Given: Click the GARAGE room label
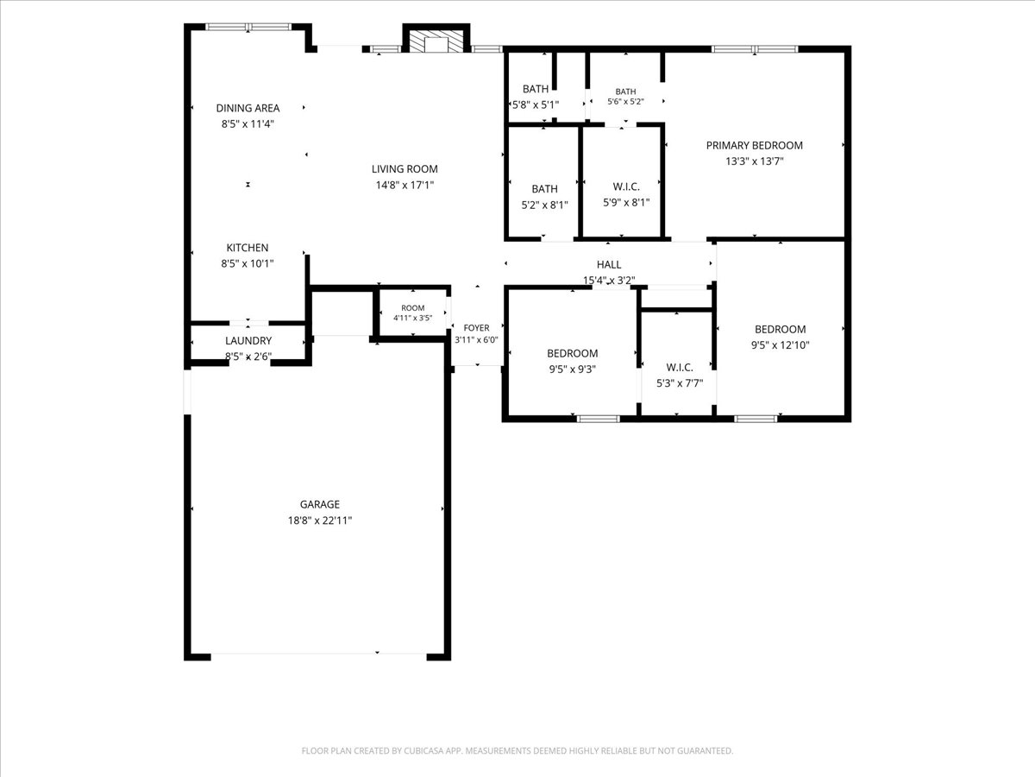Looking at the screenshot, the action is point(320,504).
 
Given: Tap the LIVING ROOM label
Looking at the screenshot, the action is point(405,169).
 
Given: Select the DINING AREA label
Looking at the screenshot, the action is point(248,108).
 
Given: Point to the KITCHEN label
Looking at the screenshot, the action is point(248,248).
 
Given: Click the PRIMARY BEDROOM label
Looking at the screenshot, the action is point(755,145).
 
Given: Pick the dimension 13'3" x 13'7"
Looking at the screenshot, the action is point(755,161).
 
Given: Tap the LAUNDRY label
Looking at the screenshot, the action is point(248,341).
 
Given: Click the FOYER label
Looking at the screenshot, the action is point(476,328).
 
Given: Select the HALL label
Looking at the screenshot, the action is point(609,265).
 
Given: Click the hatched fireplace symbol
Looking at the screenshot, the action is point(436,41).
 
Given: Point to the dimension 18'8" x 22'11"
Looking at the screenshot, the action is point(320,521).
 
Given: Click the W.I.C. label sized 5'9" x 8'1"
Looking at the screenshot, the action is point(626,186).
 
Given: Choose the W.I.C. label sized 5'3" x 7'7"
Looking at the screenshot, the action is point(680,367).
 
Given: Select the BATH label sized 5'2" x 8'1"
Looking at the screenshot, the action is point(544,189).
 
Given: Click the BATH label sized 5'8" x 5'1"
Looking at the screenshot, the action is point(536,89).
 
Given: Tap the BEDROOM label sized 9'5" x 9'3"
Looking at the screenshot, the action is point(573,353).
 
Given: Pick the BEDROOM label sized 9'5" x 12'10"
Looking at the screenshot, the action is point(781,329).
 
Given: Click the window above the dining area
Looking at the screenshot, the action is point(248,27).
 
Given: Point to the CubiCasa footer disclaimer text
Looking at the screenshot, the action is point(517,750).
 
